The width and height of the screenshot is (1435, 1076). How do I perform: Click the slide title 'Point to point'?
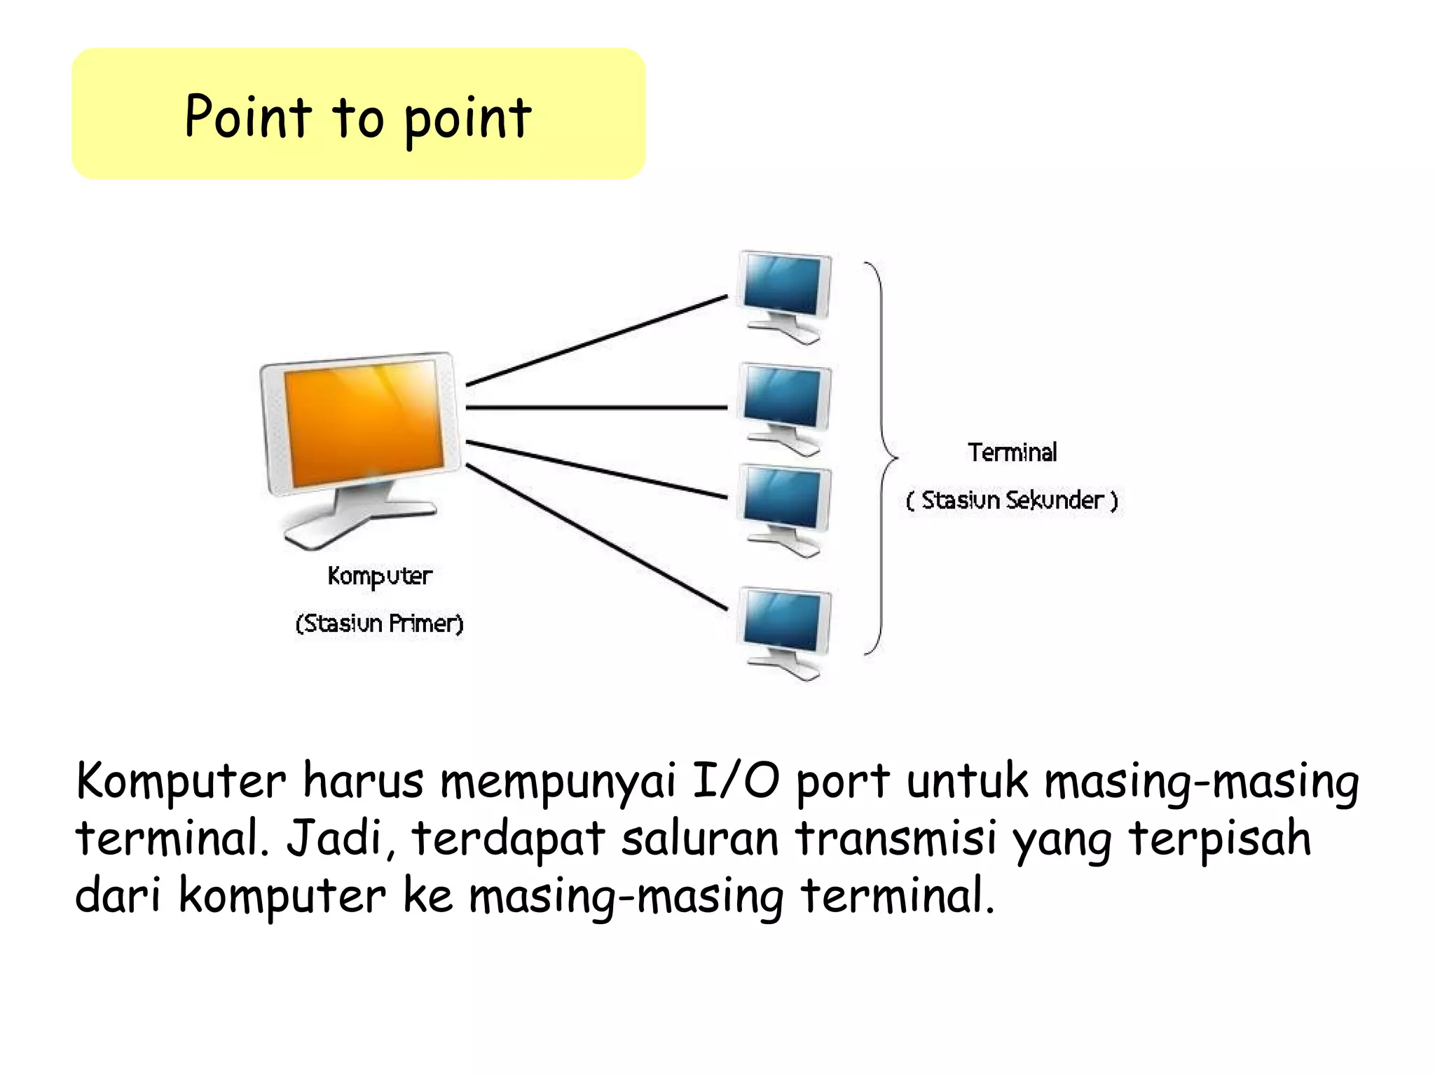pos(358,117)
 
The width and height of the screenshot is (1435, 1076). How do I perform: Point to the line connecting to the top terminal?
pos(596,340)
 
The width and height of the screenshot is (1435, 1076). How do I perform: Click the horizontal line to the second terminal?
pos(596,407)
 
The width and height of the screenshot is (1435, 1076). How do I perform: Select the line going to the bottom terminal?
pos(596,537)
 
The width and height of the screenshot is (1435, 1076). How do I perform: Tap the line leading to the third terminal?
pos(596,469)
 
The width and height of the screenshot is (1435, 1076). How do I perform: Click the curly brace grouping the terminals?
pos(881,459)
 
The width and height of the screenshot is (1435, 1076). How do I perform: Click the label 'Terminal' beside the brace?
pos(1012,453)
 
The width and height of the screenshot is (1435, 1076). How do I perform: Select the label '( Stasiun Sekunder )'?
pos(1012,500)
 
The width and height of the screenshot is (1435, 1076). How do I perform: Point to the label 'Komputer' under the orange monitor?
pos(380,577)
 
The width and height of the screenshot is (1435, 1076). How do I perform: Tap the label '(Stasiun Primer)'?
pos(380,623)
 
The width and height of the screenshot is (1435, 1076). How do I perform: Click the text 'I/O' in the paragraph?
pos(735,781)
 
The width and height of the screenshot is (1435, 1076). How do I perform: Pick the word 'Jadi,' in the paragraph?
pos(341,839)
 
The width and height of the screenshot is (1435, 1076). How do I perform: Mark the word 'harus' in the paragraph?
pos(363,781)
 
